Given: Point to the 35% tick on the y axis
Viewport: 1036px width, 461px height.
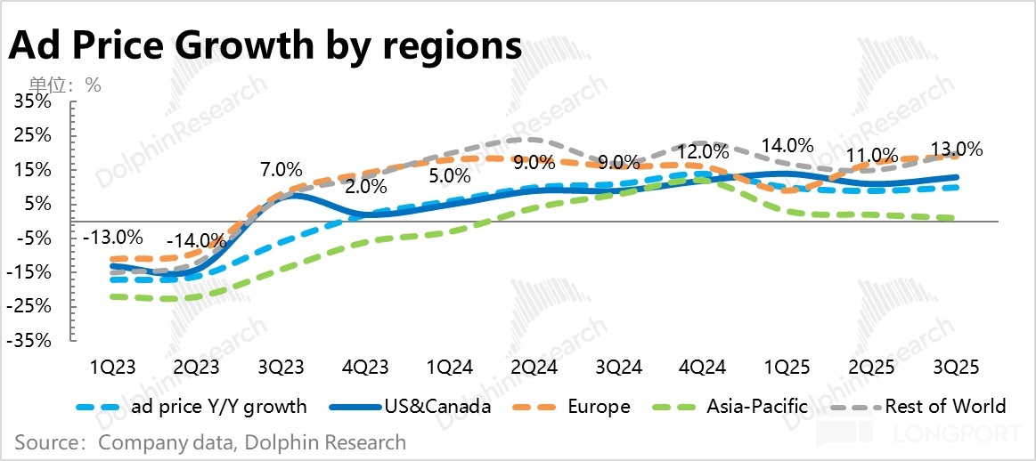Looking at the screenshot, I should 33,102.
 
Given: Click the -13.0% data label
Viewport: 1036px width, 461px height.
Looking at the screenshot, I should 112,238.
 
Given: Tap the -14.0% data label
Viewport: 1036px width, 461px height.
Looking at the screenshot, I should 196,240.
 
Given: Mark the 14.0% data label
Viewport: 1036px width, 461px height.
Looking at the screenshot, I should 786,145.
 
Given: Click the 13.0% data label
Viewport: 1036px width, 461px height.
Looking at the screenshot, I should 954,149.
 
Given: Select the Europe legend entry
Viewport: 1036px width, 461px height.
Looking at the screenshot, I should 599,407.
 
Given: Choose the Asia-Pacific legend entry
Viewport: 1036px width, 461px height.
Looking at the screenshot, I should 757,407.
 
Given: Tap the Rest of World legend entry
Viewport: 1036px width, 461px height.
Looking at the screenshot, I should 944,407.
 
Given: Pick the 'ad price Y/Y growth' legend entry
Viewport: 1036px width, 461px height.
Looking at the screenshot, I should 218,407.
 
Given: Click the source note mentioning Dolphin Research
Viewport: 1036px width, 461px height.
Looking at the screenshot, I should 210,442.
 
